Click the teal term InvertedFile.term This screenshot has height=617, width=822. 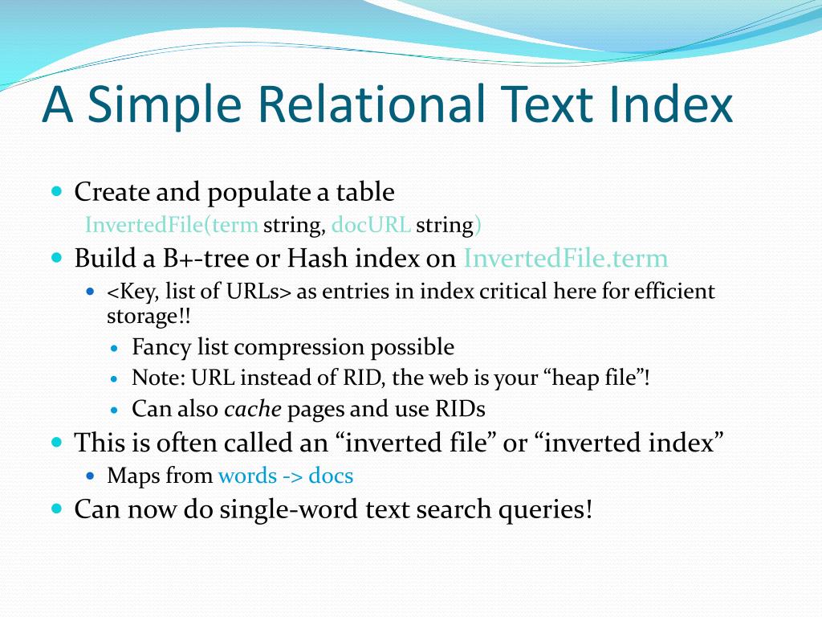pyautogui.click(x=566, y=258)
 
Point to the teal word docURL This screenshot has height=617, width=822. pyautogui.click(x=371, y=225)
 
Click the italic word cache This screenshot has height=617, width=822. pyautogui.click(x=253, y=409)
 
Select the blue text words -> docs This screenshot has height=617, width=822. pyautogui.click(x=286, y=476)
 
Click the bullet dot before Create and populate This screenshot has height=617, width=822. pyautogui.click(x=57, y=191)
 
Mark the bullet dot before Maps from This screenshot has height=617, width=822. pyautogui.click(x=91, y=476)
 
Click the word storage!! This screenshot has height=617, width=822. pyautogui.click(x=149, y=317)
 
